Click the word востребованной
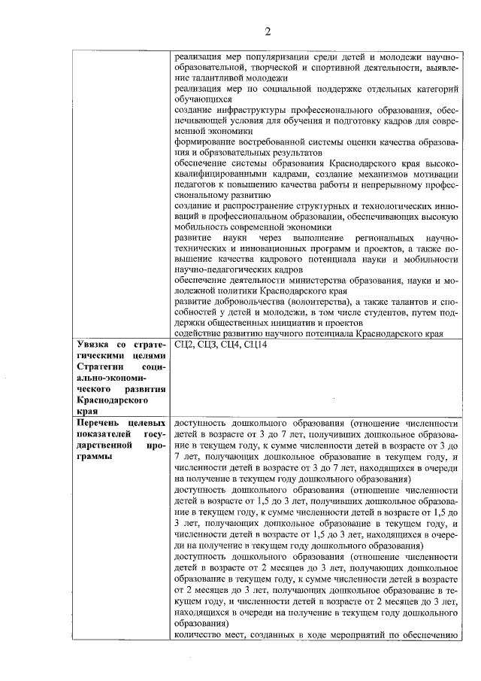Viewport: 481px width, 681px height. tap(268, 141)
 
